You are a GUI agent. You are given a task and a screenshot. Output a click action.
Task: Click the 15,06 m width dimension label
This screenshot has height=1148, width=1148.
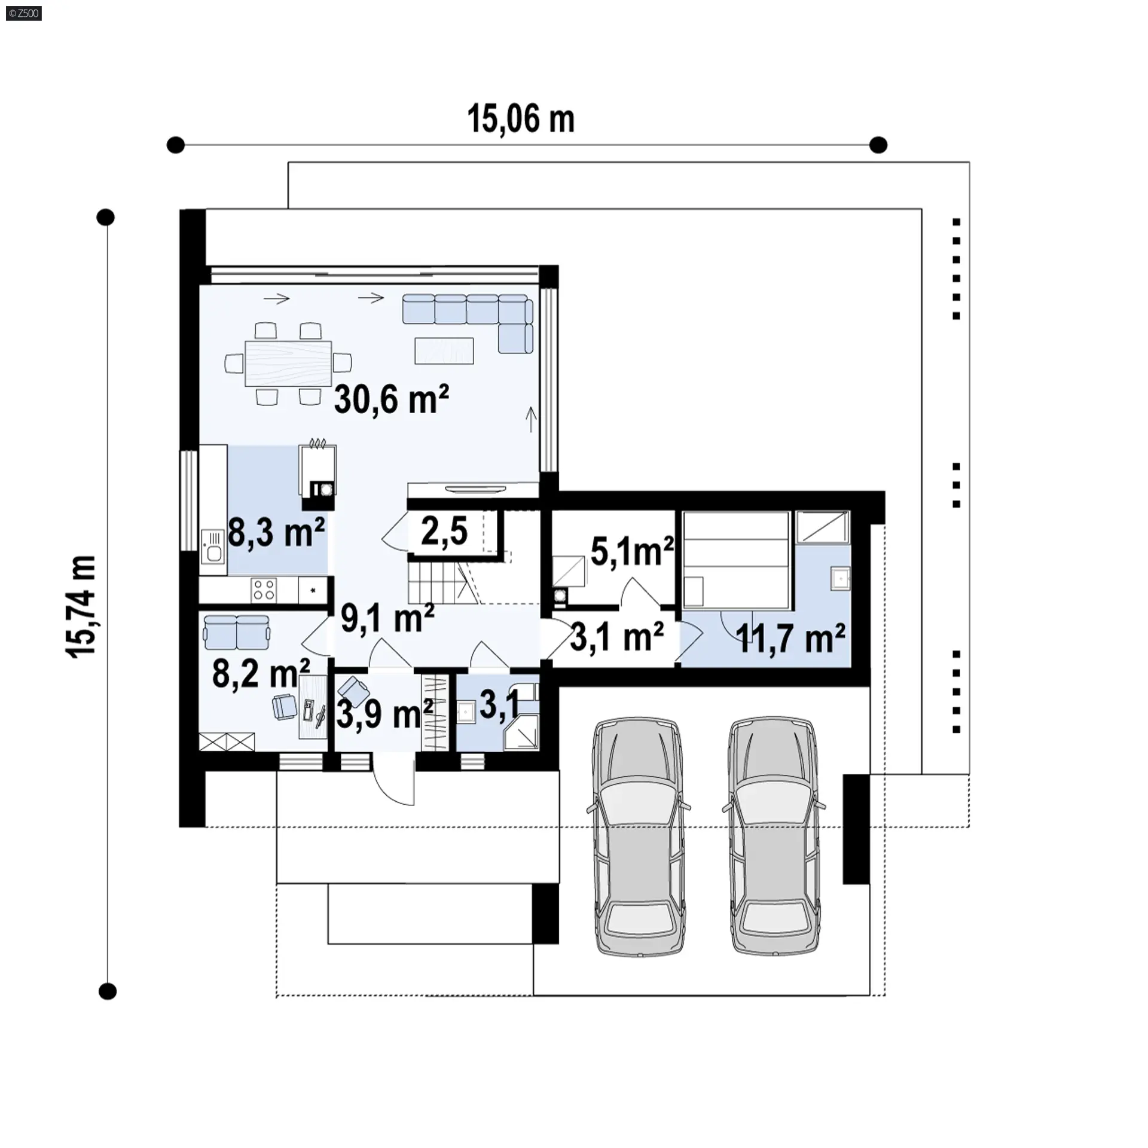click(520, 119)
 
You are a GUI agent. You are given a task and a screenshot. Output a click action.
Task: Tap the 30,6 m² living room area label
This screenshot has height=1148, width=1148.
click(392, 399)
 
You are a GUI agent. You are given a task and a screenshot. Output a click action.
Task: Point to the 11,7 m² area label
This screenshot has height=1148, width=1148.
click(790, 638)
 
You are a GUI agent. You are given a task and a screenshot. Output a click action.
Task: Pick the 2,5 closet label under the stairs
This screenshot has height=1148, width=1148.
click(444, 530)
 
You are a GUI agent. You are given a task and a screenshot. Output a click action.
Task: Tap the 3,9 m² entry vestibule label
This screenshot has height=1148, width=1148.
click(384, 713)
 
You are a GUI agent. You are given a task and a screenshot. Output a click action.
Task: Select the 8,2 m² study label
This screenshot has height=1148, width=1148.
click(261, 673)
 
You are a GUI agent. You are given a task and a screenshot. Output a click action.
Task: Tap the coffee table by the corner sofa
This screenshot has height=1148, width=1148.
click(444, 350)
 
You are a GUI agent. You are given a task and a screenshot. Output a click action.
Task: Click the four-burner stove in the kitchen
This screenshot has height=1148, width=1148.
click(264, 589)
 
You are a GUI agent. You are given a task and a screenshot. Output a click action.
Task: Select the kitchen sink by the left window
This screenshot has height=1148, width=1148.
click(213, 546)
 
